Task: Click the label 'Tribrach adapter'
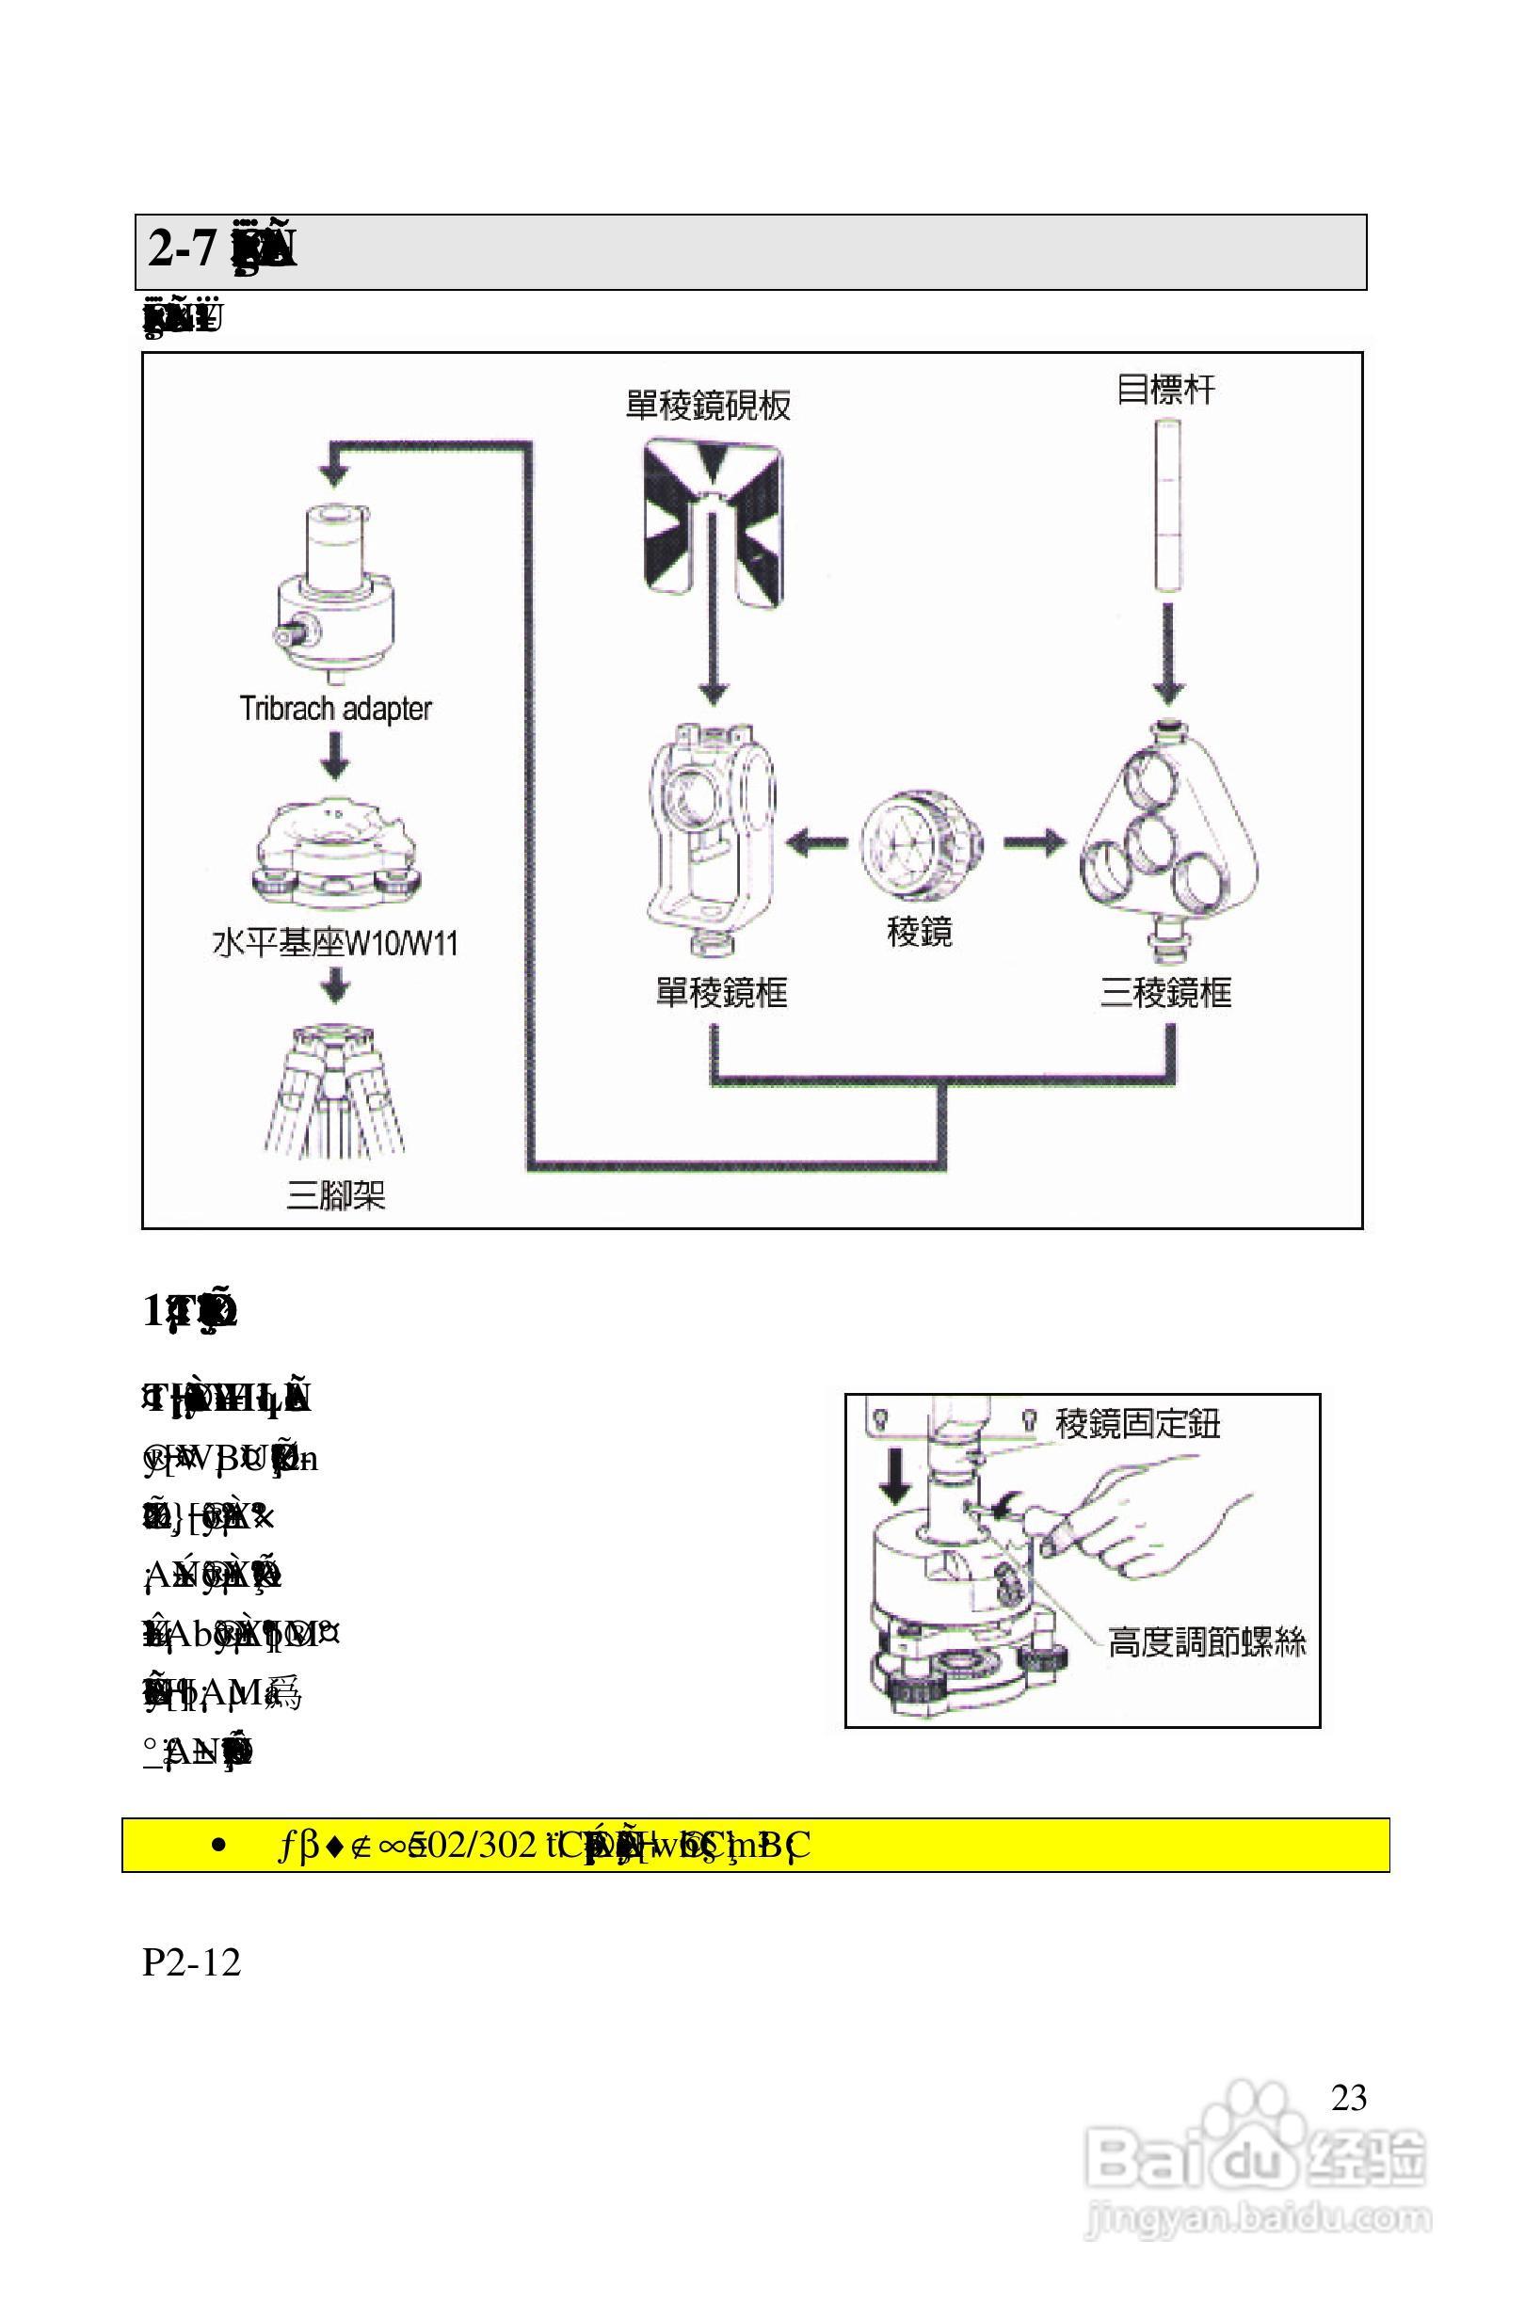(334, 709)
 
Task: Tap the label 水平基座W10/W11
(334, 943)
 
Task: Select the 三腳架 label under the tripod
(334, 1194)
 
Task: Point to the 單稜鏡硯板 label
(708, 406)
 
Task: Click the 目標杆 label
(1165, 391)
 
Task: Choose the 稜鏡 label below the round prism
(919, 933)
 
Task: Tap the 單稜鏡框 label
(721, 993)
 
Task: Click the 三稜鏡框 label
(1165, 993)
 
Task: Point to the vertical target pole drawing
(1167, 505)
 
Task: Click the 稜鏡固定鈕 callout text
(1137, 1424)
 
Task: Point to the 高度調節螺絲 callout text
(1206, 1642)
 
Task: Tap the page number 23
(1348, 2098)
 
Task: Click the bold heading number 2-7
(182, 249)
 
